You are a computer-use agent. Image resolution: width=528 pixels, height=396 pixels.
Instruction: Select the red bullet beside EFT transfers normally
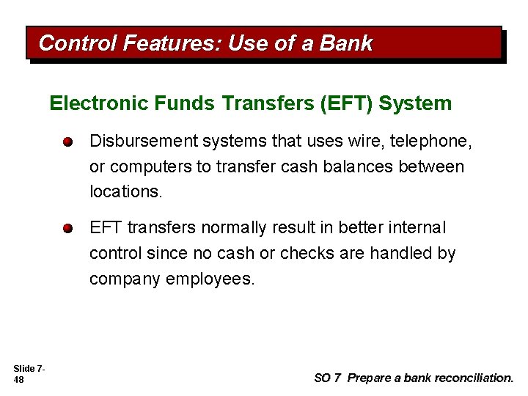pyautogui.click(x=67, y=229)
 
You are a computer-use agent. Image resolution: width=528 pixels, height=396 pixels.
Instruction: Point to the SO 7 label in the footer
pyautogui.click(x=327, y=378)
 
